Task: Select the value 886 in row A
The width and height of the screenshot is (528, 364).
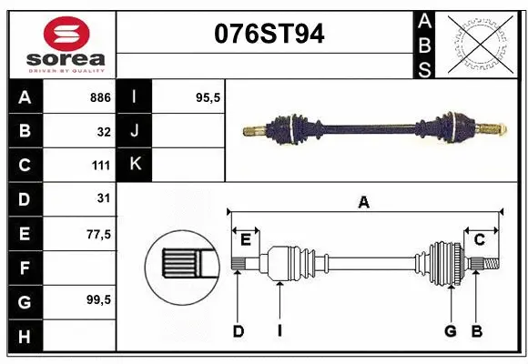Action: click(x=100, y=97)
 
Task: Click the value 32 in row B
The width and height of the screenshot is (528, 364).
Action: click(x=104, y=131)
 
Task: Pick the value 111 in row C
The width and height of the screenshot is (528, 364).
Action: click(x=100, y=166)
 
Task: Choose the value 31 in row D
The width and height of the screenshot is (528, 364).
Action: click(x=104, y=198)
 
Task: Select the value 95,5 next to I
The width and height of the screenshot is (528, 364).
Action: click(x=209, y=97)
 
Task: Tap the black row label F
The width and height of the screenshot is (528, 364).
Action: click(x=25, y=268)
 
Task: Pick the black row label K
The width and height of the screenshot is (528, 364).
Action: click(x=135, y=165)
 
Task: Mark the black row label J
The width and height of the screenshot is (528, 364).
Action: click(x=135, y=131)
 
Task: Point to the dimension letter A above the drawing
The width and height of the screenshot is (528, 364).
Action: click(x=364, y=203)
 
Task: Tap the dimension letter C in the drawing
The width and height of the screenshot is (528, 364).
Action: click(x=479, y=240)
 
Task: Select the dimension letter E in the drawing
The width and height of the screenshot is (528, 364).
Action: click(x=245, y=240)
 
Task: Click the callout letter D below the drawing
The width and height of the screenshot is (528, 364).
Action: click(x=238, y=331)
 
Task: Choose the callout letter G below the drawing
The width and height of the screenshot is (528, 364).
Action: click(x=450, y=331)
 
